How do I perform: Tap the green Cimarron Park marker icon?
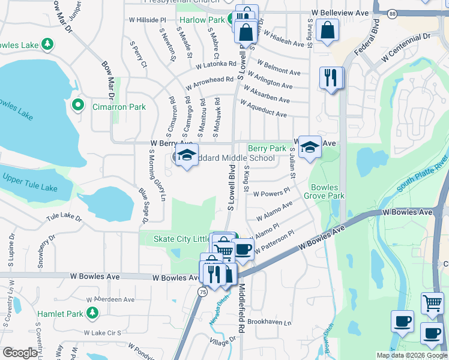coord(77,106)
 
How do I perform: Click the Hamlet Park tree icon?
coord(92,313)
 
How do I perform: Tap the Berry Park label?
coord(267,148)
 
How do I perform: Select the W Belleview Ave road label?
coord(340,13)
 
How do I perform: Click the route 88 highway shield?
coord(392,13)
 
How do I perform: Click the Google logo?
coord(20,353)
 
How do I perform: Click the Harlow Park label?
coord(201,20)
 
